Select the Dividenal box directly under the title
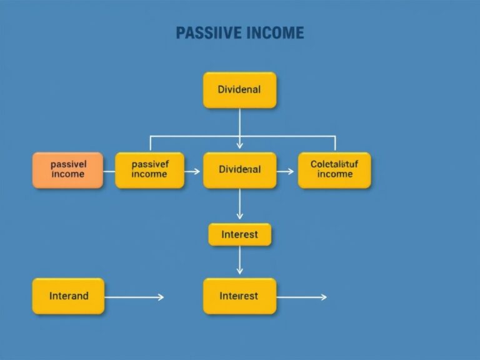coord(239,89)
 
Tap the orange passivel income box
coord(67,169)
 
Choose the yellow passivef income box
coord(150,169)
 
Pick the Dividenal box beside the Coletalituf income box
coord(239,169)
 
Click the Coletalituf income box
coord(334,169)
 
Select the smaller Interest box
coord(239,234)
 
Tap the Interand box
coord(68,296)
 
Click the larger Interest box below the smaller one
coord(239,296)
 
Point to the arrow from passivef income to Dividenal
coord(193,170)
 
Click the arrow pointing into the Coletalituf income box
coord(286,170)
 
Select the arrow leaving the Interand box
coord(134,297)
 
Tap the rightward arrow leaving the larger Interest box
coord(301,297)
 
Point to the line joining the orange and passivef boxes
coord(109,170)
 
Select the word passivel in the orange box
coord(67,164)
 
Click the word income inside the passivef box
coord(150,175)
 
